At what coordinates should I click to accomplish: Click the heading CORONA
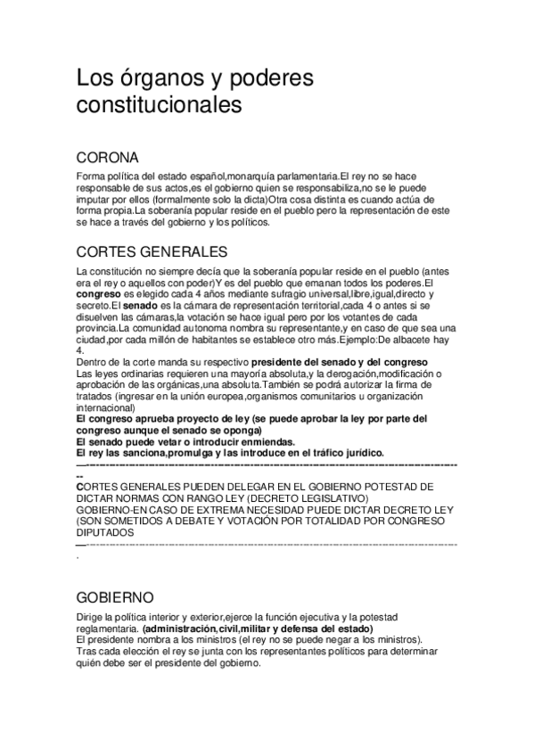[x=107, y=158]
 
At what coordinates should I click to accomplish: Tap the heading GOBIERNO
[x=116, y=596]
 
